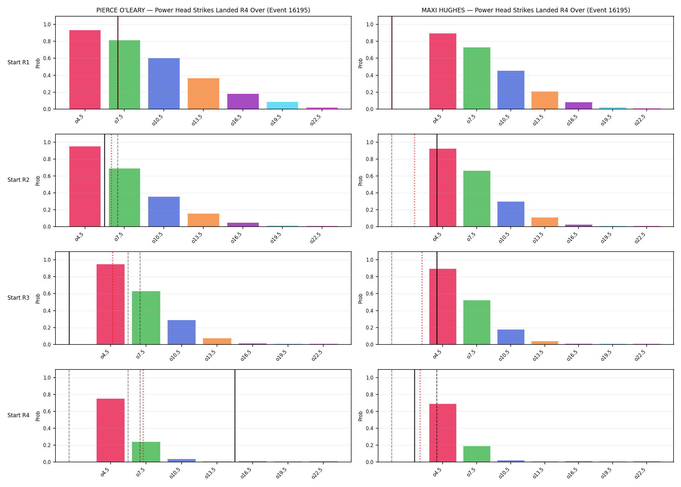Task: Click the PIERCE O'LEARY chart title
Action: coord(203,10)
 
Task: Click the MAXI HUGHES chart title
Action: coord(526,10)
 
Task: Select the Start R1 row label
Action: coord(18,62)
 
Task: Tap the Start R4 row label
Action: coord(18,415)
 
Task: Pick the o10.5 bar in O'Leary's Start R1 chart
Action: coord(164,83)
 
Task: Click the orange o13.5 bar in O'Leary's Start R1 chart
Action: coord(203,94)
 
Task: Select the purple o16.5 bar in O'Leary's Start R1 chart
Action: coord(243,101)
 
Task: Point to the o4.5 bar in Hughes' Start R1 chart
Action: coord(443,71)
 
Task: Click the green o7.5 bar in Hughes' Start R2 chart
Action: coord(477,199)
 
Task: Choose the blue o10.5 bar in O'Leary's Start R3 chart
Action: coord(182,332)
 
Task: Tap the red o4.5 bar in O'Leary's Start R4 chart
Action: coord(111,430)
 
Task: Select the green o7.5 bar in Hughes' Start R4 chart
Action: coord(477,454)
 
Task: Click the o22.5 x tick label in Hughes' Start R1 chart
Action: coord(640,120)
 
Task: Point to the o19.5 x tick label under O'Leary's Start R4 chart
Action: coord(281,473)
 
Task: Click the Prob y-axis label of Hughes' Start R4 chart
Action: coord(361,416)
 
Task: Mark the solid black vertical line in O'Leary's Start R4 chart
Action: coord(235,416)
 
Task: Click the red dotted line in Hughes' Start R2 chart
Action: coord(414,180)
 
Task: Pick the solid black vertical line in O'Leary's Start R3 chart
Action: coord(69,298)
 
